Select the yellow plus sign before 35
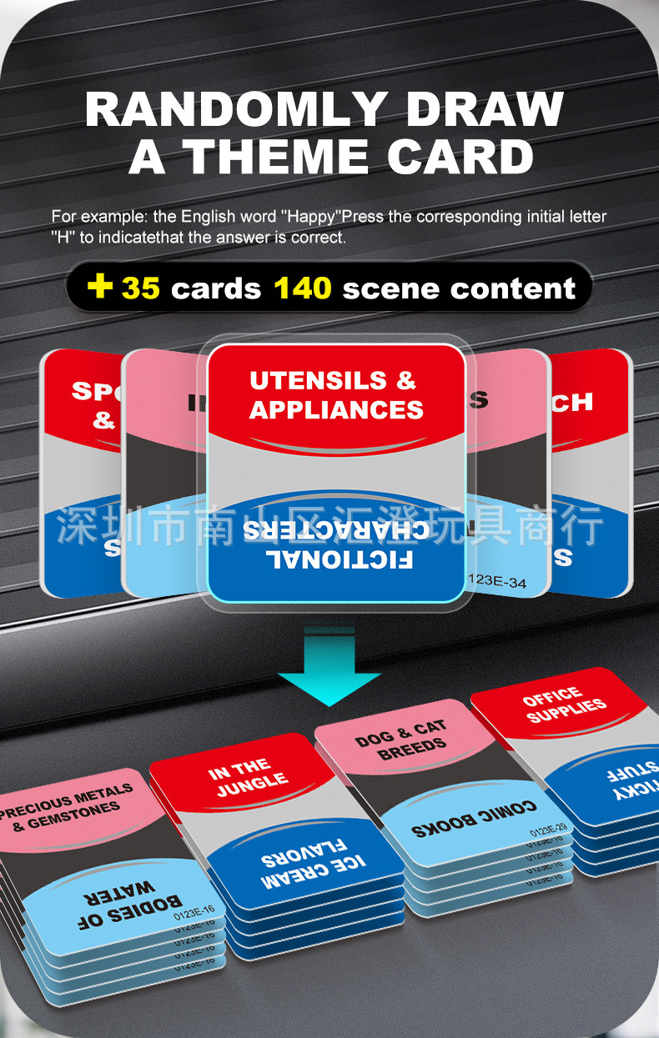click(100, 288)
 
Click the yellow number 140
click(302, 288)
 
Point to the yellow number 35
click(140, 288)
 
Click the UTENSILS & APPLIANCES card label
click(335, 395)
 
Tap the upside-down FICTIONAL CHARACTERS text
click(335, 543)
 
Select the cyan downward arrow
click(329, 667)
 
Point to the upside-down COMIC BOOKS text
click(474, 820)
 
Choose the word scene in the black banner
click(390, 288)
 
